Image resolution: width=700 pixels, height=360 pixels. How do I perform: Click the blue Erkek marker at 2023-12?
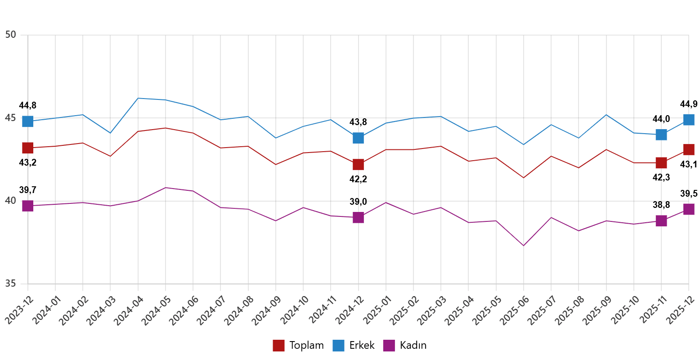click(28, 121)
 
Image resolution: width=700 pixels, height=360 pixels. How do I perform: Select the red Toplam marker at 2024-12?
click(358, 164)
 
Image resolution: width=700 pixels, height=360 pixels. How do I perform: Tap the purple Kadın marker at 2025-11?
click(661, 220)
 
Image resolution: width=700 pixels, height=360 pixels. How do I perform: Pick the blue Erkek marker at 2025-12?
click(689, 120)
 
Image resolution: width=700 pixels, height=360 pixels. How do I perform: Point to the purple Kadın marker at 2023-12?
click(28, 206)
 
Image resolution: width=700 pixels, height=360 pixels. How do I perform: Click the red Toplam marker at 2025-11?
click(661, 162)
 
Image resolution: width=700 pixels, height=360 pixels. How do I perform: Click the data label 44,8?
click(28, 106)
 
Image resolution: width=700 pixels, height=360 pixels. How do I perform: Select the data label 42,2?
click(358, 179)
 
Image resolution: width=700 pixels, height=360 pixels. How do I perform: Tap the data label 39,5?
click(689, 194)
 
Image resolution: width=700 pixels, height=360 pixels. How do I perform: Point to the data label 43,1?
click(688, 165)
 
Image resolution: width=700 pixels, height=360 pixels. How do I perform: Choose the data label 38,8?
click(661, 205)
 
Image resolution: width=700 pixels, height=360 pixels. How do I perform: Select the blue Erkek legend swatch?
click(339, 346)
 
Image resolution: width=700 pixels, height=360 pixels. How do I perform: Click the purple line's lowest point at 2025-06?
click(524, 245)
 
